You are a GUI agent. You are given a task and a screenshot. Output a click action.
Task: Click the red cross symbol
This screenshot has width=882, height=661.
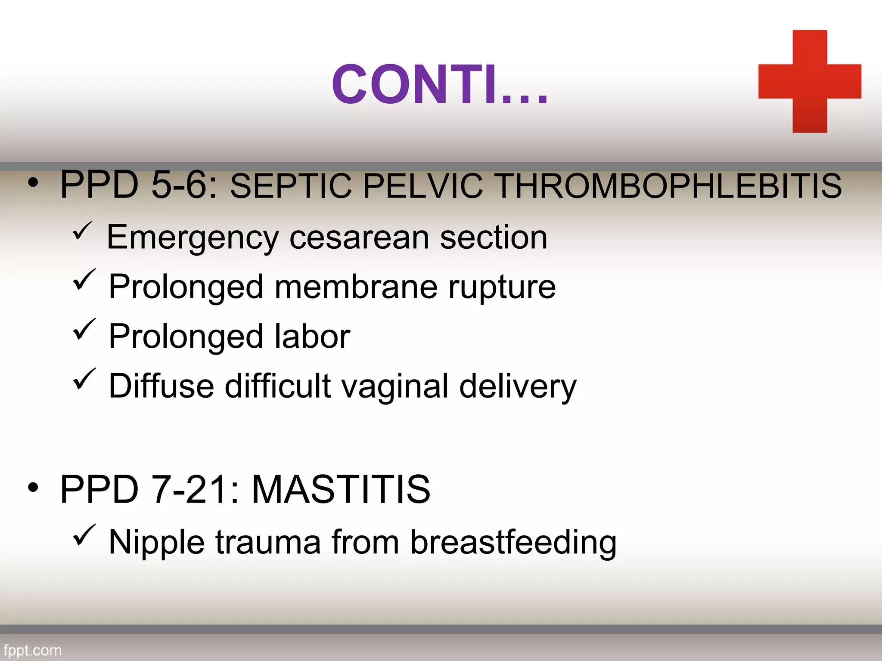point(810,81)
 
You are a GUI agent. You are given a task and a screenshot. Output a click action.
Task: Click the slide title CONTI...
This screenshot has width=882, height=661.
point(439,84)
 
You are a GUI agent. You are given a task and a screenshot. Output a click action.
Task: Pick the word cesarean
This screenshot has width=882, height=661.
point(359,238)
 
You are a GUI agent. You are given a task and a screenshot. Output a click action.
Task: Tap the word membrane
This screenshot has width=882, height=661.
point(356,287)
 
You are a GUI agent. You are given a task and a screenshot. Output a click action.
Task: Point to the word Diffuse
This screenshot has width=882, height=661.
point(161,386)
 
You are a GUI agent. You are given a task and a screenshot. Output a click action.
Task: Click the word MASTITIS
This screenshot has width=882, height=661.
point(341,489)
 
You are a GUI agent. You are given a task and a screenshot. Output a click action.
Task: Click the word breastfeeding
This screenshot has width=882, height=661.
point(513,542)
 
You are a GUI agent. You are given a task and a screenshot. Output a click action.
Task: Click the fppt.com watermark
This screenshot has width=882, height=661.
point(32,650)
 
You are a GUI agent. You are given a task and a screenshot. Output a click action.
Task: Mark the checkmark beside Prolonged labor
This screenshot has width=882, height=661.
point(84,330)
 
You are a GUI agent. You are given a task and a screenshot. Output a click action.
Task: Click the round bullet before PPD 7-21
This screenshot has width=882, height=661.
point(33,488)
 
